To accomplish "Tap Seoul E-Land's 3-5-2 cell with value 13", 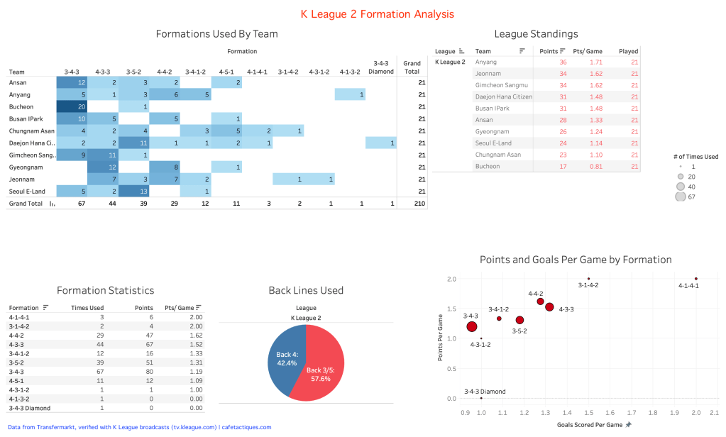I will point(133,191).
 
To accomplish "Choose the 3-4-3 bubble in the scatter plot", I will point(471,326).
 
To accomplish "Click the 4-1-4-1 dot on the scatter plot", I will point(696,279).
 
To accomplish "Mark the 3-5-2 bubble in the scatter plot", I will point(519,320).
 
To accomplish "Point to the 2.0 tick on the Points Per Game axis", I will point(452,279).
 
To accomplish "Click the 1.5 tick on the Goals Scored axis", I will point(588,411).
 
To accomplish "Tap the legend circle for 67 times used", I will point(681,197).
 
